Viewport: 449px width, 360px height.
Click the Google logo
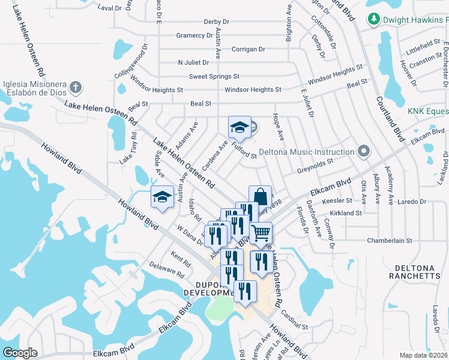(x=20, y=353)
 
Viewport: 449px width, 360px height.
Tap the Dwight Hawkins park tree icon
(x=375, y=20)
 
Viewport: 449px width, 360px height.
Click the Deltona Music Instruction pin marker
(x=363, y=152)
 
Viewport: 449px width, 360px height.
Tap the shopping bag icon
(x=260, y=196)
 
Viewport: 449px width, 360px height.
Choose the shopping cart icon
(x=261, y=232)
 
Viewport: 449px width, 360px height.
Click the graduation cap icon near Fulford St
(x=240, y=127)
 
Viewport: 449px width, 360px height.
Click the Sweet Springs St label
(x=214, y=76)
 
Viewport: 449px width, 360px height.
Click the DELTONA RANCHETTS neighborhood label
(x=418, y=271)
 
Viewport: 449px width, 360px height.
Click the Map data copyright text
(x=423, y=355)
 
